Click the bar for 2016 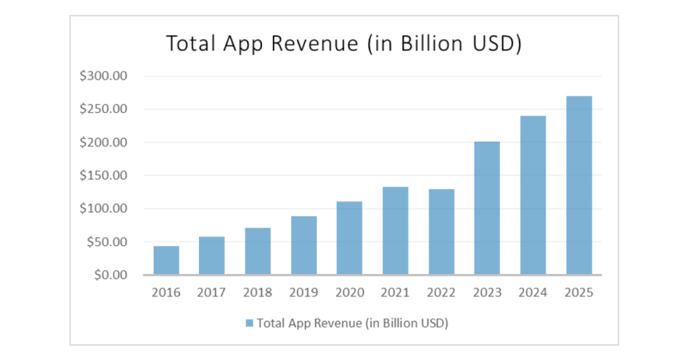point(166,261)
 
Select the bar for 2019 point(304,246)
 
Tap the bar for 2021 point(395,231)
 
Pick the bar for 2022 point(441,232)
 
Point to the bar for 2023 point(487,208)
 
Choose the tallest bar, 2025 point(578,185)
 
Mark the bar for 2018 point(258,251)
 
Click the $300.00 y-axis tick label point(103,76)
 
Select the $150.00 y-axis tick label point(103,175)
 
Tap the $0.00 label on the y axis point(110,275)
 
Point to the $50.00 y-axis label point(106,242)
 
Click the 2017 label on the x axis point(212,292)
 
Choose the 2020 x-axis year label point(349,292)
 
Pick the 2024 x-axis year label point(533,292)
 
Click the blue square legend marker point(249,323)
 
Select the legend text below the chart point(352,323)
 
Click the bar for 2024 point(533,195)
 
